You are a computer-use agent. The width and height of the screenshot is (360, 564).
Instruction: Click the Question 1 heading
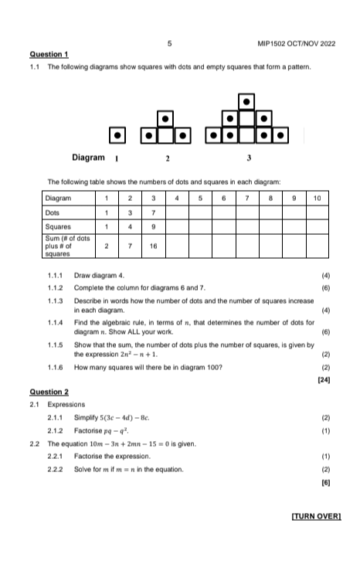click(x=49, y=54)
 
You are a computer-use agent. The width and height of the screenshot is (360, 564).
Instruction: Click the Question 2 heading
click(x=49, y=392)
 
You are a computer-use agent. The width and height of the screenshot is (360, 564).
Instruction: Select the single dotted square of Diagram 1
click(x=116, y=136)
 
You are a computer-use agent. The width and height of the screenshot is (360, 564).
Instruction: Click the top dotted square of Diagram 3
click(x=246, y=101)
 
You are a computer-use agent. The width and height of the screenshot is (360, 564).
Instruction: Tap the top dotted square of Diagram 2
click(x=166, y=119)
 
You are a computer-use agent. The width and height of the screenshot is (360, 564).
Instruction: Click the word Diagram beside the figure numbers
click(x=88, y=158)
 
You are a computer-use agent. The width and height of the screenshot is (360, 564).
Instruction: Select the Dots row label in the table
click(x=53, y=212)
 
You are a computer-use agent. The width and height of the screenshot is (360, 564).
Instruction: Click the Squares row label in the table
click(x=59, y=227)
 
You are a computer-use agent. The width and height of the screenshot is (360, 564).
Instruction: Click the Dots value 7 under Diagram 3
click(x=154, y=212)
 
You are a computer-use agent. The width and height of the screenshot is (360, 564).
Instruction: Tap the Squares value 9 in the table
click(x=154, y=227)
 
